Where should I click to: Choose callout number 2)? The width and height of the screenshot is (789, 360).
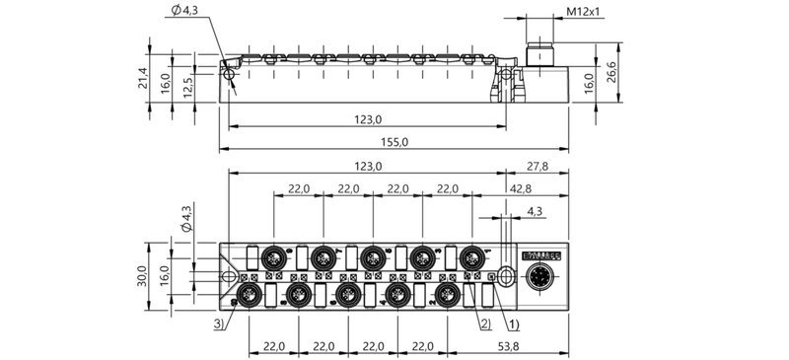click(484, 322)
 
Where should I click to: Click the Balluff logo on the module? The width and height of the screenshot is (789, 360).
click(539, 254)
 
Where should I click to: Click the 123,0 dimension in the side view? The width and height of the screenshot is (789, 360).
click(368, 119)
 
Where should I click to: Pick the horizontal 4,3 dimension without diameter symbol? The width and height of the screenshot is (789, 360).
click(534, 211)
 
